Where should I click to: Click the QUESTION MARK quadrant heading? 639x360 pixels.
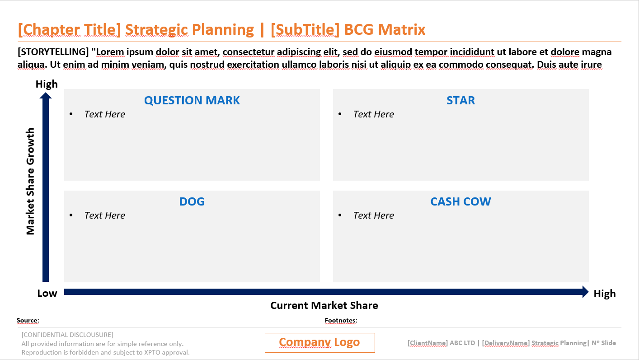(x=192, y=100)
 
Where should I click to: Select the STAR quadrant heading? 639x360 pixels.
(x=460, y=100)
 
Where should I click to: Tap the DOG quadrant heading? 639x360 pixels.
(x=192, y=201)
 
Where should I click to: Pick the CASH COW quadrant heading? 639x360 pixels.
(x=460, y=201)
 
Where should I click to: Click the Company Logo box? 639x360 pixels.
(x=320, y=343)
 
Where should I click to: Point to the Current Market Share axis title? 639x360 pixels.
(x=324, y=305)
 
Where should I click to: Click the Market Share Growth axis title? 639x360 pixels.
(x=30, y=181)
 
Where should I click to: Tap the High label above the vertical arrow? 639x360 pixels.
(x=47, y=84)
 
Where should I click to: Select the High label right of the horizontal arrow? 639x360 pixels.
(x=605, y=294)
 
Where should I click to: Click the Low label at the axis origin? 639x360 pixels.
(x=47, y=293)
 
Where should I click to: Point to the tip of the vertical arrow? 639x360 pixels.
(x=46, y=93)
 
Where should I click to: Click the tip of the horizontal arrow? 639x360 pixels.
(x=588, y=292)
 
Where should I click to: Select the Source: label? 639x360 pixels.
(x=28, y=320)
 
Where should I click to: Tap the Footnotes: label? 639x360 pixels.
(x=341, y=320)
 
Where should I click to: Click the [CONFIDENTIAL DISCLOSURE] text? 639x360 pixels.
(x=67, y=335)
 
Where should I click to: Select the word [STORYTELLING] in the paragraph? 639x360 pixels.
(x=53, y=52)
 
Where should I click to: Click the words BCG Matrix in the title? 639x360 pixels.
(x=385, y=30)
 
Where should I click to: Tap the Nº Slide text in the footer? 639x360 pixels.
(x=604, y=343)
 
